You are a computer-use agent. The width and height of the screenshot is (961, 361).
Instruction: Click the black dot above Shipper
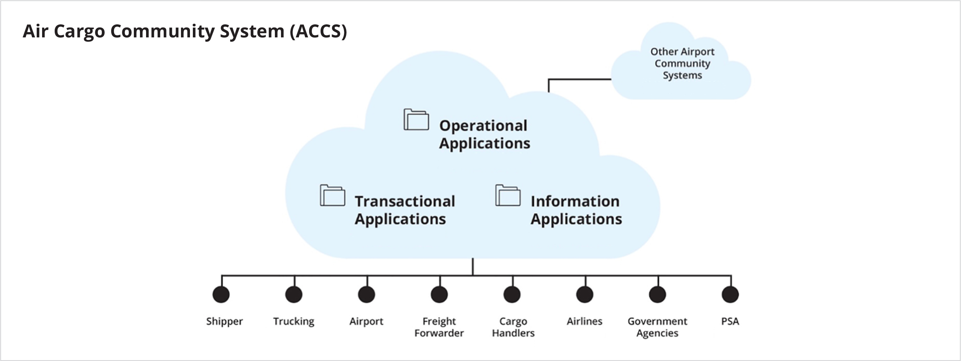[x=221, y=294]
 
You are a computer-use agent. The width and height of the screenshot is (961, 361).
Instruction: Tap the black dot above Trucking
[x=294, y=294]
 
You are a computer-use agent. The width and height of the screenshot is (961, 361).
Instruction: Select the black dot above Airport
[x=366, y=294]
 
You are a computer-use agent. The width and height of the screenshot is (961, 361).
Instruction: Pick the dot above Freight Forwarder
[x=439, y=294]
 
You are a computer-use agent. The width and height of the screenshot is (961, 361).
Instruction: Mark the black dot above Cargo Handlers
[x=512, y=294]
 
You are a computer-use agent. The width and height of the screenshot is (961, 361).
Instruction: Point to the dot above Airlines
[x=585, y=294]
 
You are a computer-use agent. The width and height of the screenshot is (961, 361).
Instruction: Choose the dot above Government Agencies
[x=657, y=294]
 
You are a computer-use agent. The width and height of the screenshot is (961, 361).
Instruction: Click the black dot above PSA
[x=730, y=294]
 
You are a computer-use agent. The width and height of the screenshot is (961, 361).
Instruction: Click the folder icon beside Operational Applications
[x=416, y=120]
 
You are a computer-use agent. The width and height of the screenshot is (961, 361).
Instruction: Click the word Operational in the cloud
[x=483, y=126]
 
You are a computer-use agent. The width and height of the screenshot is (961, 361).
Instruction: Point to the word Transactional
[x=405, y=201]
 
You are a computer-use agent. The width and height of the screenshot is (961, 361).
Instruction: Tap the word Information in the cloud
[x=575, y=201]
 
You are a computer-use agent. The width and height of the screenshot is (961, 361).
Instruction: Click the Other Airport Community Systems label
[x=682, y=63]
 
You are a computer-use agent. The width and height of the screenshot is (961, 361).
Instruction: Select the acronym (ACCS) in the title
[x=318, y=31]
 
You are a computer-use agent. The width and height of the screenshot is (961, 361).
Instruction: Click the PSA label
[x=730, y=321]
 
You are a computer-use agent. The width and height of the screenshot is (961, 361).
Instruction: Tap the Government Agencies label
[x=657, y=327]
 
